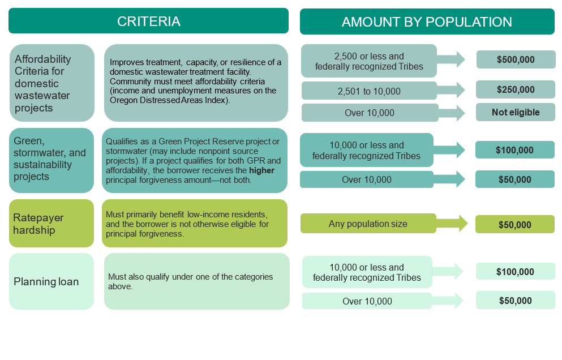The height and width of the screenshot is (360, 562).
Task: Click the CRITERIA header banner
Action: [148, 21]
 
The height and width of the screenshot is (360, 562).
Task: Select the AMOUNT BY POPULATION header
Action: [427, 22]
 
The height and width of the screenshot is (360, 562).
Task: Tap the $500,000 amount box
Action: [516, 59]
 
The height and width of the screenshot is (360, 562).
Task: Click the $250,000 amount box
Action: [516, 89]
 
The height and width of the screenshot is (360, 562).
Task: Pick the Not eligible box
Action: [516, 112]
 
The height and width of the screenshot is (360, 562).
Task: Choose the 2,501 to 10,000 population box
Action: [369, 91]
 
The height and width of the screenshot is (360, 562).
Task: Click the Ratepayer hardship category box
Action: [52, 224]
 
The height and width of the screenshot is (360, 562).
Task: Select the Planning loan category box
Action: [52, 281]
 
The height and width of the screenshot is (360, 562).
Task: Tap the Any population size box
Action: [368, 224]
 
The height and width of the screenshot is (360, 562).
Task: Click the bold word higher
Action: [261, 170]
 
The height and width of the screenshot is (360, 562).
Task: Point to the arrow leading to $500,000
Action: [451, 59]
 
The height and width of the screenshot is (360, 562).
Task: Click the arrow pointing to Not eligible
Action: [452, 113]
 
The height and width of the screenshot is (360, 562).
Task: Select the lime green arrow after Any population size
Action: [452, 224]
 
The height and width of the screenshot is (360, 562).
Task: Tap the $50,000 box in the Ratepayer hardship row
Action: [514, 225]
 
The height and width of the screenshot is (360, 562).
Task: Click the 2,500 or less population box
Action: [369, 61]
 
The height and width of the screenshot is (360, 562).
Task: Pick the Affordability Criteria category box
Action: [52, 83]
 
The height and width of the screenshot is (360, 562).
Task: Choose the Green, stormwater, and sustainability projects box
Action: [52, 160]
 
